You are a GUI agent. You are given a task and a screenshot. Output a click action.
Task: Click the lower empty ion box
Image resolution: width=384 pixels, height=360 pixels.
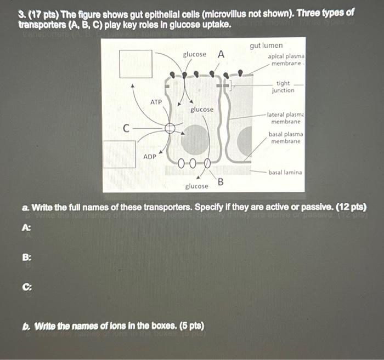[x=118, y=154]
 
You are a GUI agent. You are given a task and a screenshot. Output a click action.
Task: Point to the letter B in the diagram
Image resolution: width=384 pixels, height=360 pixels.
[x=221, y=181]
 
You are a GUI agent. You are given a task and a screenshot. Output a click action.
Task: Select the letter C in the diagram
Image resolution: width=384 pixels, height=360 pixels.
[x=126, y=129]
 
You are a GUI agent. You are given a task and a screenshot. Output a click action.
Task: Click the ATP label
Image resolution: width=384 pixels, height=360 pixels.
[x=156, y=102]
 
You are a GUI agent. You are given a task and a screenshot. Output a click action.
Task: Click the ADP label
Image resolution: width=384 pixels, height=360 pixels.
[x=150, y=156]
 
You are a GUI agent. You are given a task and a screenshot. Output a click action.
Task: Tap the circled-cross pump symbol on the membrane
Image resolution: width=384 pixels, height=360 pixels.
[x=170, y=128]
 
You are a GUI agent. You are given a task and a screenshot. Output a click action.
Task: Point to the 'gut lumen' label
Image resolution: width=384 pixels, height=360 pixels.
[x=266, y=46]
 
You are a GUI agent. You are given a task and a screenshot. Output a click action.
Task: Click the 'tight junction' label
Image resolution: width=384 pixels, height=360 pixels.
[x=283, y=87]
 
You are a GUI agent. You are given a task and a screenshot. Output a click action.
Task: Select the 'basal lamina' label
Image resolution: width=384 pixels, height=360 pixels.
[x=285, y=172]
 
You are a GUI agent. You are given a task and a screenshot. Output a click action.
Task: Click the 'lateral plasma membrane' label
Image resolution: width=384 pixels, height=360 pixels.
[x=285, y=118]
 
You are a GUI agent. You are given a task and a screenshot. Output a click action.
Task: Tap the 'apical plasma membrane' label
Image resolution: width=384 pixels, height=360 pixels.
[x=286, y=60]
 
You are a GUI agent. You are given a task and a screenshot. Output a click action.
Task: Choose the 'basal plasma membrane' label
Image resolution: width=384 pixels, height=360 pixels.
[x=285, y=138]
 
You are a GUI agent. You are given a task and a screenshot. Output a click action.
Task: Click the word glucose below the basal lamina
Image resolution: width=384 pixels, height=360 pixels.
[x=196, y=186]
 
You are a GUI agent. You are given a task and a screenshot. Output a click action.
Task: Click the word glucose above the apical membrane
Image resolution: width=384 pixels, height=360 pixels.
[x=195, y=54]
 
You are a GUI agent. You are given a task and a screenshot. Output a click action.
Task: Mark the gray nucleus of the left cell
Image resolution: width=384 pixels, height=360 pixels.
[x=195, y=140]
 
